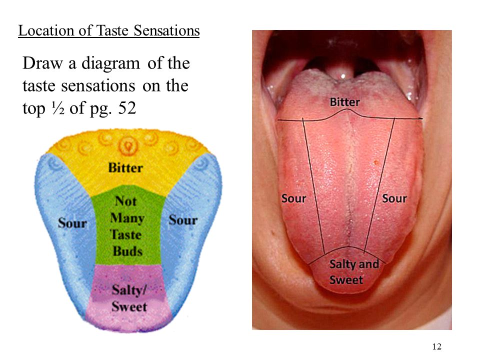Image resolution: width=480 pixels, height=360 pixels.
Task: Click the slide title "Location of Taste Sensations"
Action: click(109, 31)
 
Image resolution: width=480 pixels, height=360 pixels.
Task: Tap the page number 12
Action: click(436, 347)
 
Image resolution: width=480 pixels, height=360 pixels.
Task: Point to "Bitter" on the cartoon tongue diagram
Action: click(125, 168)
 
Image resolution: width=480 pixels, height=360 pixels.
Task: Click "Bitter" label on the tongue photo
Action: click(344, 102)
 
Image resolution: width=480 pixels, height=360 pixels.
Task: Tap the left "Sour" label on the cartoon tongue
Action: click(72, 223)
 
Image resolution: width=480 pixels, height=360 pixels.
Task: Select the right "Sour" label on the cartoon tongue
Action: click(183, 220)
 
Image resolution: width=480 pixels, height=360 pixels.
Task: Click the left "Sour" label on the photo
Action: click(293, 198)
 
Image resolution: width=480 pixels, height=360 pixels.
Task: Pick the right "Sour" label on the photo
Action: click(394, 198)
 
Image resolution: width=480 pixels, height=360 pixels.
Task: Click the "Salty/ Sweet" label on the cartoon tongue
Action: click(129, 298)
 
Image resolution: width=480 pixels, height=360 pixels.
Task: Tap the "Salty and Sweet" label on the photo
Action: click(353, 271)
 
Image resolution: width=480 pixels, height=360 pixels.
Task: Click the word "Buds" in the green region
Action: click(127, 251)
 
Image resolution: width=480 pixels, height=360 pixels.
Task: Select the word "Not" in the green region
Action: click(125, 201)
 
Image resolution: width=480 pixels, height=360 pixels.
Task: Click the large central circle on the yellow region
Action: click(128, 145)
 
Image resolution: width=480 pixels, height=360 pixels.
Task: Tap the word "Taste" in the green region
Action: click(125, 234)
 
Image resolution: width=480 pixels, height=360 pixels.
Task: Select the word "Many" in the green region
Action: click(127, 218)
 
